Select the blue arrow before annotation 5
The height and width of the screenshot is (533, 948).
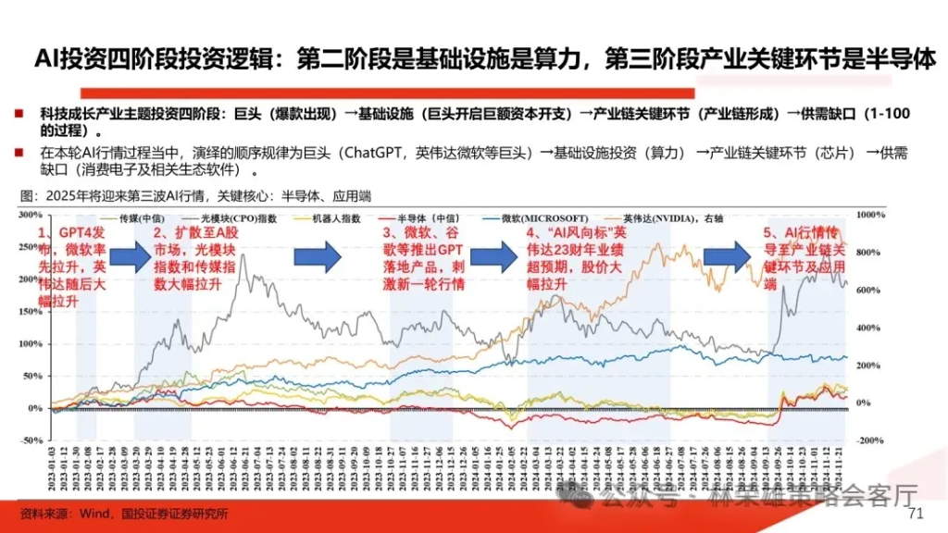point(728,254)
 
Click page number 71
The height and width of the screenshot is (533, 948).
point(917,514)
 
